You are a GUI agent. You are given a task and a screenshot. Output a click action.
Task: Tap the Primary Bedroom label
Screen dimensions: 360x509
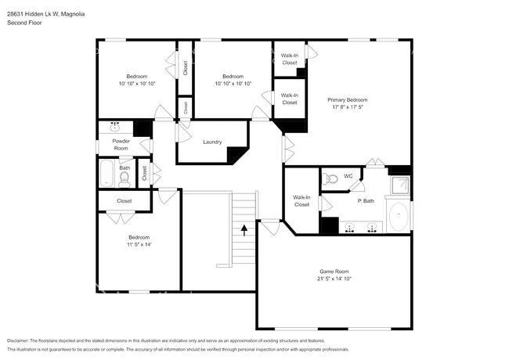[347, 100]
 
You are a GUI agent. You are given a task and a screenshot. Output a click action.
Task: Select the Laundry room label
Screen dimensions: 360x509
[212, 142]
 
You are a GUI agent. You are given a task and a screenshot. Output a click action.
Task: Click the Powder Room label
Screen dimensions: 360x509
[121, 144]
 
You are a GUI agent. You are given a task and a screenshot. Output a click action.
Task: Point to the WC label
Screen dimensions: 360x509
[348, 175]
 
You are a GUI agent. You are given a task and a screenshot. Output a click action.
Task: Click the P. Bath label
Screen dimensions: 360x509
[365, 201]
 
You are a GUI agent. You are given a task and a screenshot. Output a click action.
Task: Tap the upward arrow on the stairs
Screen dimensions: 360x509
[244, 230]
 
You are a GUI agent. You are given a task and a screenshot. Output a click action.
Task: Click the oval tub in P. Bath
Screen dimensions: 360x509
[399, 217]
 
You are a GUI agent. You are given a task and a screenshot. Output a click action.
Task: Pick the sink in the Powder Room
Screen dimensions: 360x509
[115, 126]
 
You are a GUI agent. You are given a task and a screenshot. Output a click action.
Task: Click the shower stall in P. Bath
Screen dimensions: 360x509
[400, 185]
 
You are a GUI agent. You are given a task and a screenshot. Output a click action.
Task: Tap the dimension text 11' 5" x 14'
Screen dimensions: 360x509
[139, 245]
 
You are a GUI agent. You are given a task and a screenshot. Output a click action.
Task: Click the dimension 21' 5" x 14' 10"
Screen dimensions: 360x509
[334, 278]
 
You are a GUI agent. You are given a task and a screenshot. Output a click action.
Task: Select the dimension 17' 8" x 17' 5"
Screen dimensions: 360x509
[347, 109]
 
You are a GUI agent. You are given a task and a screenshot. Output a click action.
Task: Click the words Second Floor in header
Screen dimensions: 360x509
[24, 23]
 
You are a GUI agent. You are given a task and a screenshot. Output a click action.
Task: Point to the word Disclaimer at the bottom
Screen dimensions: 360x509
[21, 341]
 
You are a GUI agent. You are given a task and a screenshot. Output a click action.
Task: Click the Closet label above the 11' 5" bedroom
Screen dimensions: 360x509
[125, 201]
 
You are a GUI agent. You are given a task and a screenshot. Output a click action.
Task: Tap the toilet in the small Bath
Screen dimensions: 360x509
[125, 180]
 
